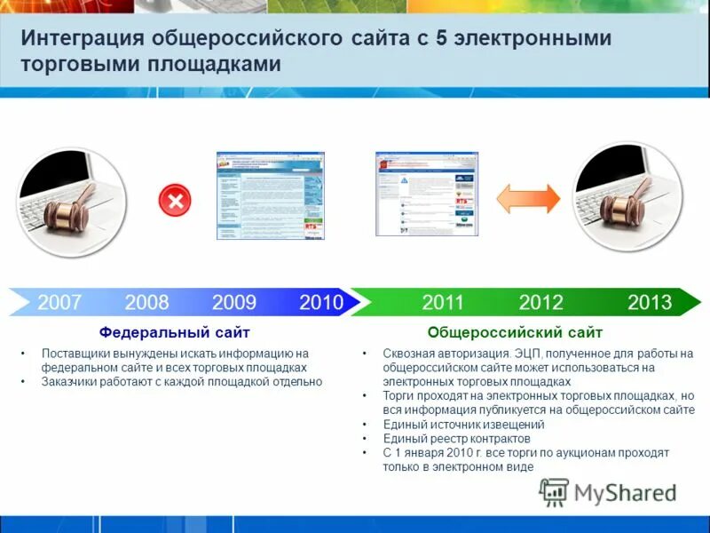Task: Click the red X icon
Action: pos(175,200)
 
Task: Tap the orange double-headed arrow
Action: pos(528,198)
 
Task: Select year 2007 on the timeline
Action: pos(59,302)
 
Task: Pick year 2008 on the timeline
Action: pos(146,302)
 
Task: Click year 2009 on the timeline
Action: pos(234,302)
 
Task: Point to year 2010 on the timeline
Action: pos(320,302)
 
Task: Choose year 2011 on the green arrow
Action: pos(443,302)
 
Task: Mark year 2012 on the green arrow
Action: pos(541,302)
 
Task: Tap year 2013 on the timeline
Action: pos(650,302)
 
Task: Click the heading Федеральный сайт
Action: pos(174,332)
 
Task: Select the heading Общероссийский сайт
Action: pos(515,332)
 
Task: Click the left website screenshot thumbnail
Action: pos(271,195)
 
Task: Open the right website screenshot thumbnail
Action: pos(427,193)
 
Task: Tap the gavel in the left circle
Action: pos(67,209)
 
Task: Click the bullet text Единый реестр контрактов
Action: pos(456,438)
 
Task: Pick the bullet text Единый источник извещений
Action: pos(463,425)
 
